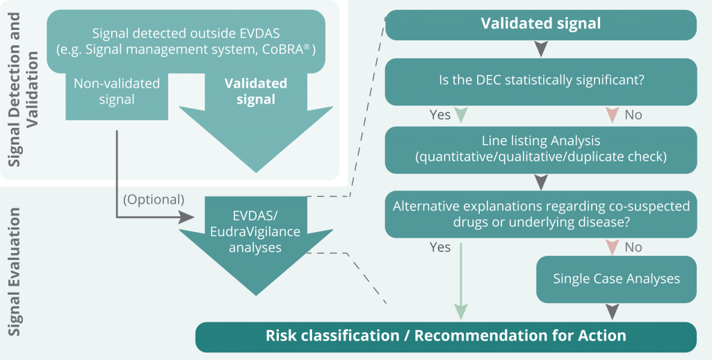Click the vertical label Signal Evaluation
pos(15,272)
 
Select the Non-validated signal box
pos(117,91)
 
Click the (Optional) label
pos(154,199)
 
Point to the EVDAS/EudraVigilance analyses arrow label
pos(255,232)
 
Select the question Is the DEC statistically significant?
pos(542,80)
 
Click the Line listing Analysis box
pos(541,149)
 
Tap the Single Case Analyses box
pos(616,279)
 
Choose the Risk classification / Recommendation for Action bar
pos(446,336)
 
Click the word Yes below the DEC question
pos(440,115)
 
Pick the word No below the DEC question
pos(633,115)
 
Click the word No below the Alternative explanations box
pos(633,247)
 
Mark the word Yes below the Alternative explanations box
pos(440,247)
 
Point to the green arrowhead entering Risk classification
pos(461,312)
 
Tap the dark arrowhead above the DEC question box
pos(541,49)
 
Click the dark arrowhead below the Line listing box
pos(541,181)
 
